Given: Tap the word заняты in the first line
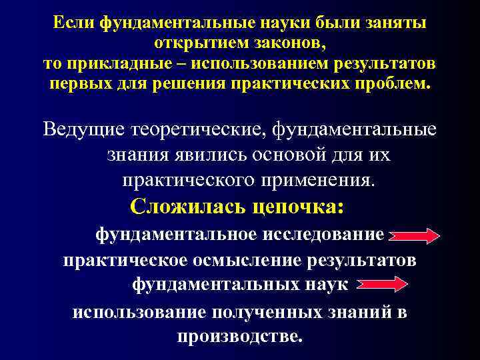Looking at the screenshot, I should tap(393, 24).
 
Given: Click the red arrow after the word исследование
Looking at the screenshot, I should tap(414, 235).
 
